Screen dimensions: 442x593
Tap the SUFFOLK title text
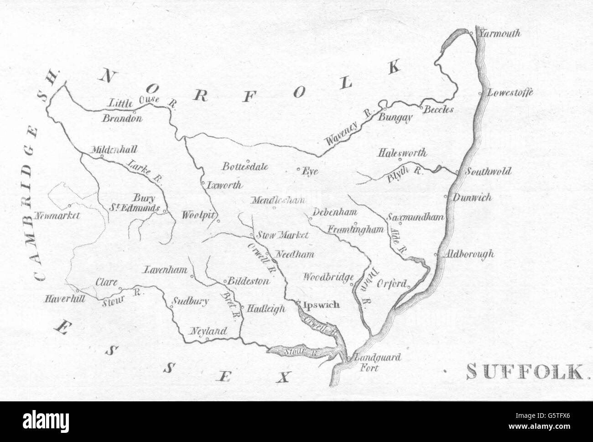(x=525, y=372)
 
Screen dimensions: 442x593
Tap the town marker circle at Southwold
(x=457, y=172)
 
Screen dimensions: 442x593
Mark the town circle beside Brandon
(x=134, y=111)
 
